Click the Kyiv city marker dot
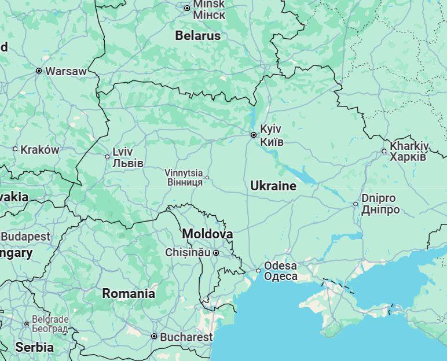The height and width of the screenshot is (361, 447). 254,135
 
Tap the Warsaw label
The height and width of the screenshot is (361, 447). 65,71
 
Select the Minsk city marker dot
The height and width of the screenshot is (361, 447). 187,8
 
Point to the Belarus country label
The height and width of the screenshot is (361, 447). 198,36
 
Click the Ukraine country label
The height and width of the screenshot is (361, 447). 273,186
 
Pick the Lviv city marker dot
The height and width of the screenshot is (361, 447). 107,156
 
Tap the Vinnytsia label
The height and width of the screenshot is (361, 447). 184,177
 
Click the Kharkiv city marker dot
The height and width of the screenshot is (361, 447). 384,152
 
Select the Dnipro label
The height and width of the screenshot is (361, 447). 380,204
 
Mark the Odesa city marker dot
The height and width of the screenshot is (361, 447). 258,270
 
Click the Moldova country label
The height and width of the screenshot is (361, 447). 208,234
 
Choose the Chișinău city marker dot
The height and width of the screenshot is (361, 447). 216,253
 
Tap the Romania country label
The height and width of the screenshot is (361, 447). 129,293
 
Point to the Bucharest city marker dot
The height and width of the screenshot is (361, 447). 154,336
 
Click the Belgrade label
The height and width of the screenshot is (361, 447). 50,324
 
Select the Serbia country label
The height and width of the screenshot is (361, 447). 34,348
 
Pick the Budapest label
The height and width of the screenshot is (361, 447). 26,237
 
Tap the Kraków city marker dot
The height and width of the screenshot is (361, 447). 15,149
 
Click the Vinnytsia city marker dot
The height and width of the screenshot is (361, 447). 207,178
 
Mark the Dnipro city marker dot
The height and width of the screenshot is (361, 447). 356,204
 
